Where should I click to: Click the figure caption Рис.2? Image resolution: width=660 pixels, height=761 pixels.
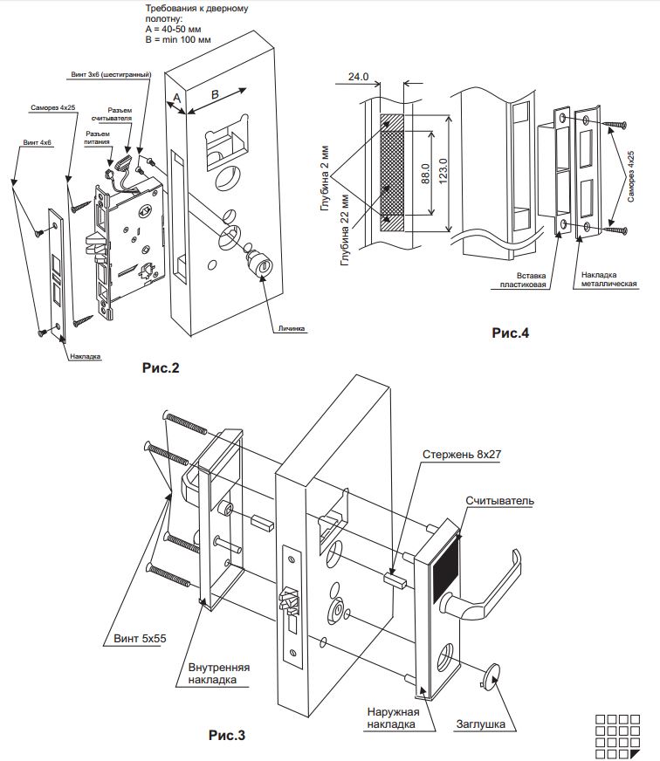click(161, 368)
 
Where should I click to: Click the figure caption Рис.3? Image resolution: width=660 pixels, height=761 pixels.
click(227, 736)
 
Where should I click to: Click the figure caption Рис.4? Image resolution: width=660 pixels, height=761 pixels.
click(511, 333)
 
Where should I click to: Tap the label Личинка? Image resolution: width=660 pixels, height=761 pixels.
click(292, 328)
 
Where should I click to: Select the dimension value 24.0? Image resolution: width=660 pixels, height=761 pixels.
click(359, 77)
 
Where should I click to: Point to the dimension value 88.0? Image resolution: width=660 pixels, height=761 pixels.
click(425, 174)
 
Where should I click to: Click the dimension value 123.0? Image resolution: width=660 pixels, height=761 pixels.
click(443, 171)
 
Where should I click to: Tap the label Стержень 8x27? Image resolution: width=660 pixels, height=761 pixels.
click(461, 455)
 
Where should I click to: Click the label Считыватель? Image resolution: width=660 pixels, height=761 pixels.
click(499, 501)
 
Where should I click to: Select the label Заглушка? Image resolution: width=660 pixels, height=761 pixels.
click(480, 724)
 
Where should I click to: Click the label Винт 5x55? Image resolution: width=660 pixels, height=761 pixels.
click(140, 639)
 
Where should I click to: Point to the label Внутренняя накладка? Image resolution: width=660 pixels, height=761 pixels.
click(218, 674)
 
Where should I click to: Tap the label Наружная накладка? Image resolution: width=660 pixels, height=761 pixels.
click(393, 718)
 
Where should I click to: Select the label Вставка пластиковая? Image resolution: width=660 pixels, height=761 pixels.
click(523, 280)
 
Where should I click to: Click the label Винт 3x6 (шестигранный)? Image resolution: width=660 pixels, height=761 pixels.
click(111, 75)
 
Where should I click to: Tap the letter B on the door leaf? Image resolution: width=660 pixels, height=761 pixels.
click(215, 94)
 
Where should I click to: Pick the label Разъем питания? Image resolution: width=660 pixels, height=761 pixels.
click(97, 138)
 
